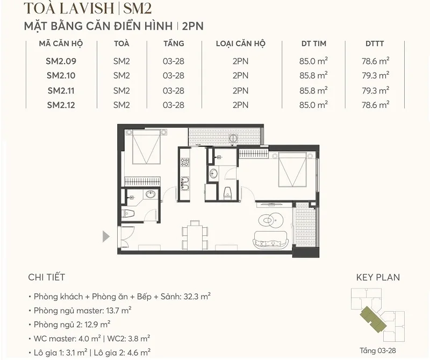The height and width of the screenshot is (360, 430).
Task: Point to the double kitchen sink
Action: coord(185,183)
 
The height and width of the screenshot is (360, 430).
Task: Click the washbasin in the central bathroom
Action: coord(213,173)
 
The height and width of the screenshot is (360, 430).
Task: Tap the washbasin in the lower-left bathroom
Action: coord(151,193)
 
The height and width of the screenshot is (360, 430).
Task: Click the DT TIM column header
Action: coord(314,44)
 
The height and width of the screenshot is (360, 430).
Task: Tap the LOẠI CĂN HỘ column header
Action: coord(240,44)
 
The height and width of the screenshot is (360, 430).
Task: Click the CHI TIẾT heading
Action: coord(46,278)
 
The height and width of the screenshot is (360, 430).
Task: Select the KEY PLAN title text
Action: coord(378,278)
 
